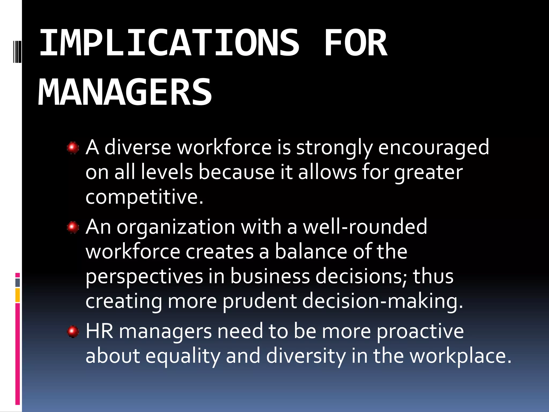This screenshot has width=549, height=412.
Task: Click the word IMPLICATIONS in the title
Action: pos(169,43)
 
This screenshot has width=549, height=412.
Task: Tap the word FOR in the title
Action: pos(355,43)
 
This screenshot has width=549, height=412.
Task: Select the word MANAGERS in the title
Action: pos(125,92)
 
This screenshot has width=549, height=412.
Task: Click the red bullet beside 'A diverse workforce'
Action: pos(73,148)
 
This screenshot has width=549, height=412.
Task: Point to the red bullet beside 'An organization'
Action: pos(73,227)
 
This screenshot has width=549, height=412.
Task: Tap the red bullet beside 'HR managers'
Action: pos(73,332)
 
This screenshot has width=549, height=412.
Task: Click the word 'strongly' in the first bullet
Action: pos(334,148)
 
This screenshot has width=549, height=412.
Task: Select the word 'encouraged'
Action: pos(433,148)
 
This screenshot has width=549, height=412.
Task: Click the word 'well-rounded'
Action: pos(365,227)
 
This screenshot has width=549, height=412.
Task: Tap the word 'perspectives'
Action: pos(144,277)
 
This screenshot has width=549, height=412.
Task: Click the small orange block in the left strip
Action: pos(18,295)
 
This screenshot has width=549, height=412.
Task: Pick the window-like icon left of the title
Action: pos(17,51)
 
